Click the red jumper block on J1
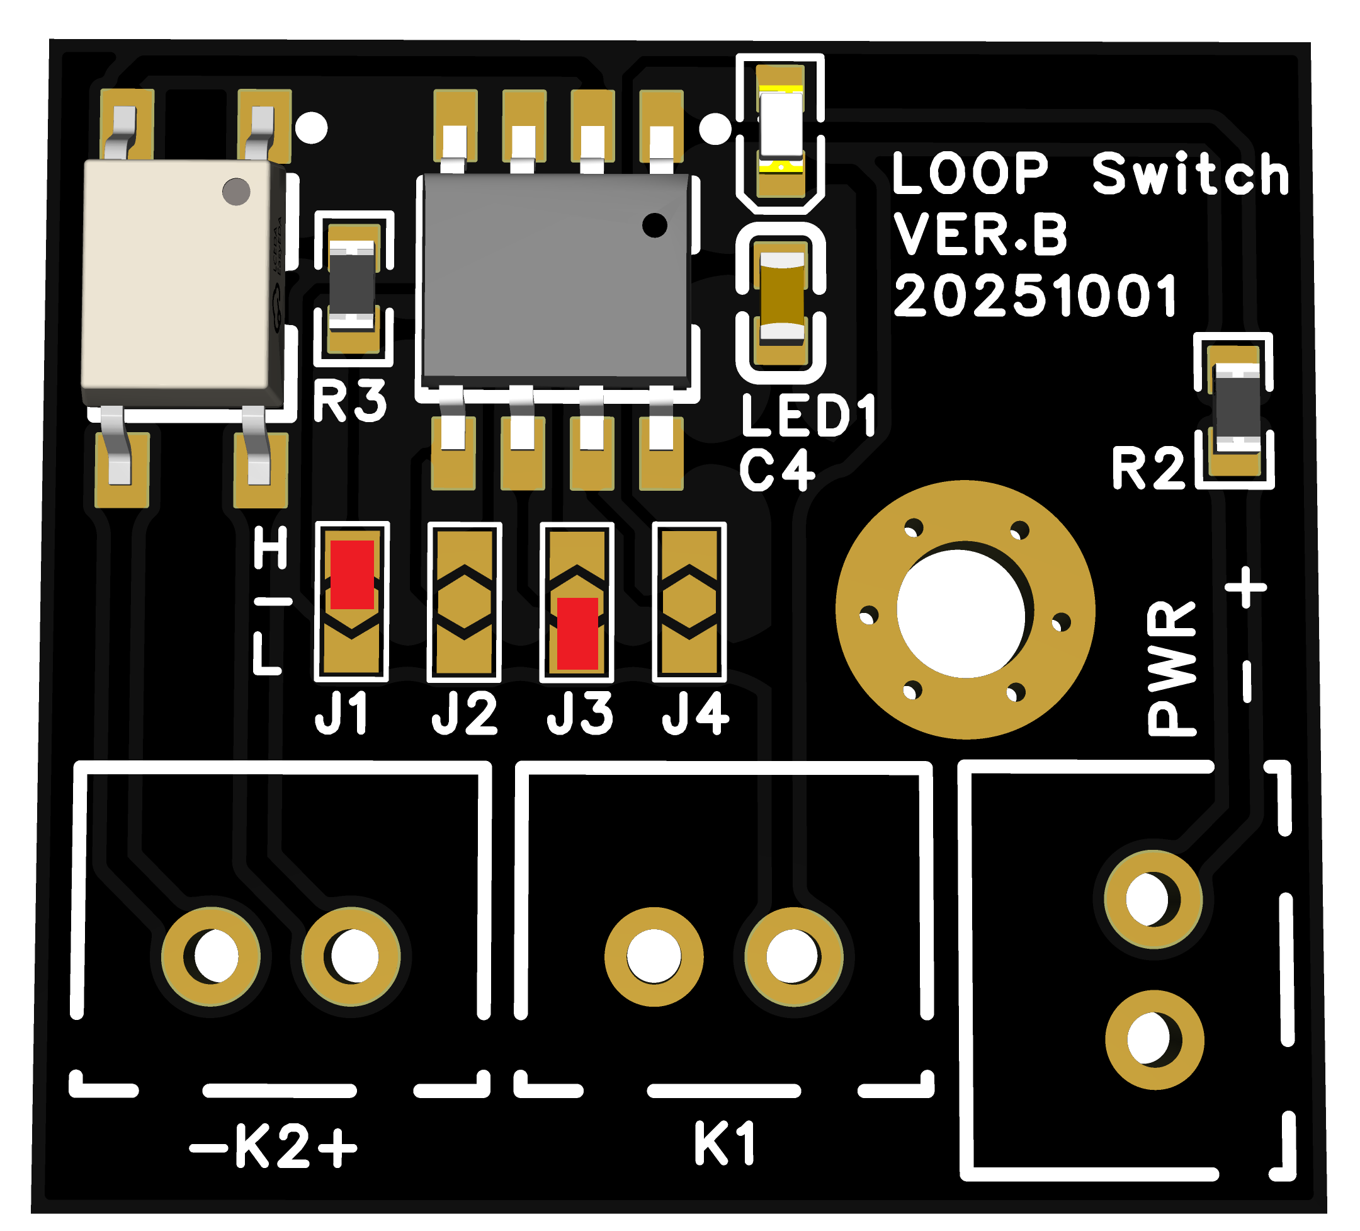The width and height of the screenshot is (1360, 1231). tap(351, 575)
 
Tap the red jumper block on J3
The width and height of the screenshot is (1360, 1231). tap(577, 633)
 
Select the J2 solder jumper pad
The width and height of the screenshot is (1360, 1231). tap(464, 602)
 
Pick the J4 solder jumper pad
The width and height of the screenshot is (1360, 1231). tap(689, 602)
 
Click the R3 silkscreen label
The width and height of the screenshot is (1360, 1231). tap(350, 401)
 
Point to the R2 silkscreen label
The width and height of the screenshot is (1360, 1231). tap(1148, 468)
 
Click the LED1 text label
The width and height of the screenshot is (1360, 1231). tap(809, 415)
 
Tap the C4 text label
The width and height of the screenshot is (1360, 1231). tap(776, 471)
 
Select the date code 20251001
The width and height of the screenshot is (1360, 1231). tap(1036, 295)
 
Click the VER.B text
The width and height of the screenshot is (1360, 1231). tap(981, 234)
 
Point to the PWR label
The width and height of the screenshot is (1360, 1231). tap(1172, 668)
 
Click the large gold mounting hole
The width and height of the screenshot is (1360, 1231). tap(965, 609)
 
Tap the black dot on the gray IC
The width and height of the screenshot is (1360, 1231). tap(654, 225)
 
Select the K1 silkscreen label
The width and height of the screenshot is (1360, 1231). tap(725, 1145)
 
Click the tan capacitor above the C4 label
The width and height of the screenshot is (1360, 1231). tap(782, 295)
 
